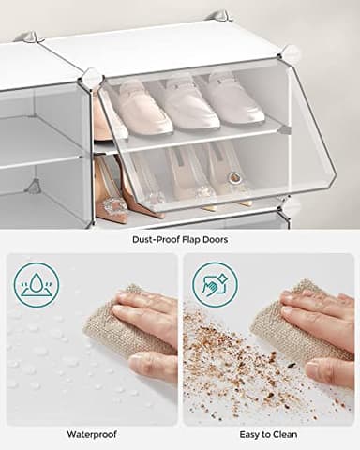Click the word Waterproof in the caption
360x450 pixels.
pyautogui.click(x=92, y=435)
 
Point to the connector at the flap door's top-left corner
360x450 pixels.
pyautogui.click(x=91, y=80)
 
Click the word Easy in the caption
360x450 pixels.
pyautogui.click(x=252, y=435)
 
